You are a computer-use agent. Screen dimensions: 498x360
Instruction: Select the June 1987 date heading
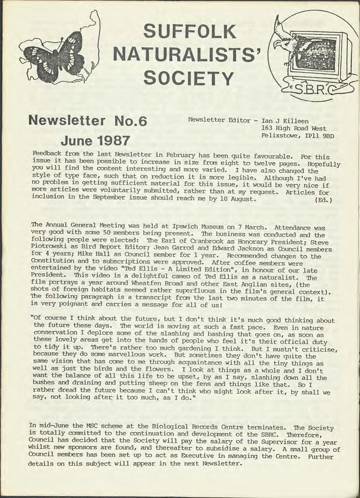tap(95, 140)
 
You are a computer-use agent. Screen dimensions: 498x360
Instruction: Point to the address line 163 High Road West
tap(293, 129)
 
